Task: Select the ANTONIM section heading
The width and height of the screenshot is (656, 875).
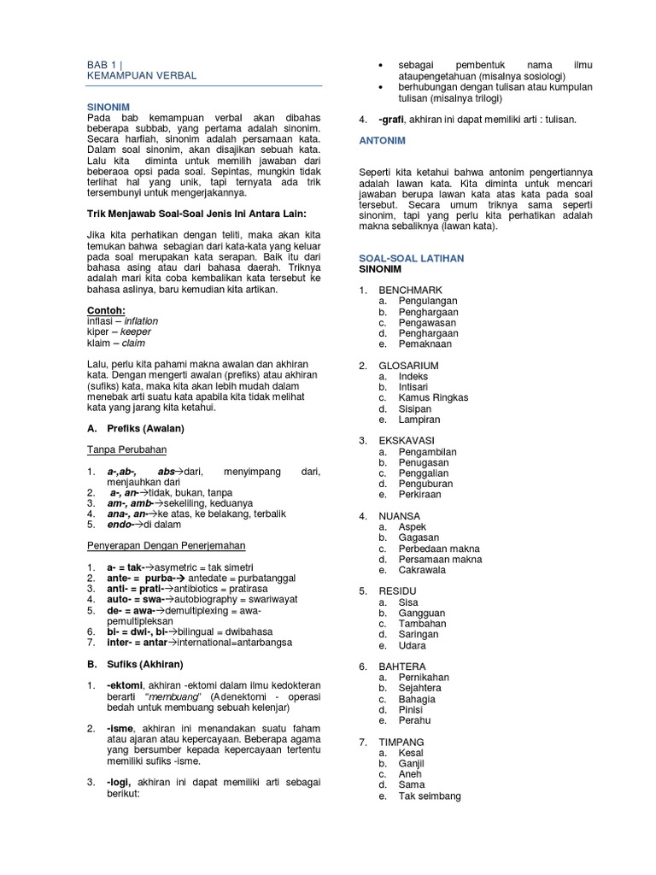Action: point(382,139)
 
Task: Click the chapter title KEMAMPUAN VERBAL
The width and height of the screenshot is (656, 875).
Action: point(142,76)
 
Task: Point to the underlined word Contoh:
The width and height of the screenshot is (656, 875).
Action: point(106,310)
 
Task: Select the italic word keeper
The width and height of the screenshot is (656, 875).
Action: point(137,332)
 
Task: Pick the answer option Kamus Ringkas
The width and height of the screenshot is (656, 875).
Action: point(433,397)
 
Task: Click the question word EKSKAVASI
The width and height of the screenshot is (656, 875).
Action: point(407,440)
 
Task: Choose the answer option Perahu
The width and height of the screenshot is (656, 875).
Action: point(414,720)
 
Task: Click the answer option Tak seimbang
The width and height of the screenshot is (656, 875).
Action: point(430,796)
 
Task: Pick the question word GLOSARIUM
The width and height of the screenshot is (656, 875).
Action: point(409,365)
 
